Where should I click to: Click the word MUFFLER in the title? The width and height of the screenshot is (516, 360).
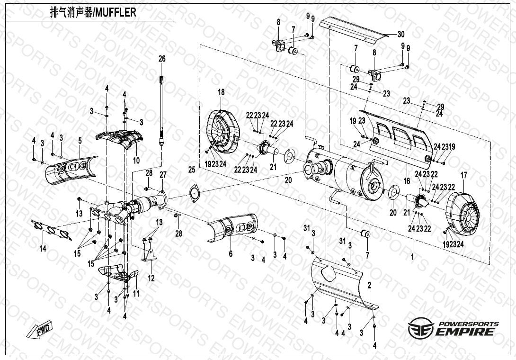tap(116, 12)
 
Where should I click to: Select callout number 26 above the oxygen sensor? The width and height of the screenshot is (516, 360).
tap(162, 59)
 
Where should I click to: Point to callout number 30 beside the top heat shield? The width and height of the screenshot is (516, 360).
tap(400, 34)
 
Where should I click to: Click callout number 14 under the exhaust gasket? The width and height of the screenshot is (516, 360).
tap(43, 249)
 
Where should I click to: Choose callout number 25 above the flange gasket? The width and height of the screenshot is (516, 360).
tap(192, 170)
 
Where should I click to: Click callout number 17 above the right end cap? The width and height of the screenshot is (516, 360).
tap(464, 176)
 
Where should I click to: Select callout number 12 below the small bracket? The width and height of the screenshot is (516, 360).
tap(151, 279)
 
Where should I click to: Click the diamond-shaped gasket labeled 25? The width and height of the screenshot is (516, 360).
tap(193, 193)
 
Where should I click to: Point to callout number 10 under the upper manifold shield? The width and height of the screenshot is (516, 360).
tap(136, 161)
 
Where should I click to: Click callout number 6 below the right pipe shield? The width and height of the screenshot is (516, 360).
tap(231, 254)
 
